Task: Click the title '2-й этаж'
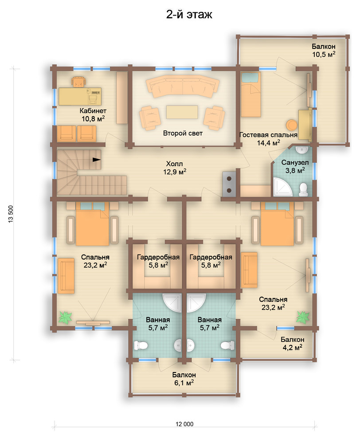(189, 14)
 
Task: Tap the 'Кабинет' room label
(93, 110)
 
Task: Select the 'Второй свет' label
(183, 133)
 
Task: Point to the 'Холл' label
(174, 164)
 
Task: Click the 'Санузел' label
(295, 162)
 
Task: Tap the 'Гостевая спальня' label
(268, 135)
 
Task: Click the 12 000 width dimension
(184, 424)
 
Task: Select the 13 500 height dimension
(11, 214)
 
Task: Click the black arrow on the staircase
(97, 160)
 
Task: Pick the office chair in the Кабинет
(78, 82)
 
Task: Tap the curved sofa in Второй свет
(183, 87)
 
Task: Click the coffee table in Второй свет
(182, 112)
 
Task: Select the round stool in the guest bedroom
(292, 125)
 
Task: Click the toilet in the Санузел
(303, 189)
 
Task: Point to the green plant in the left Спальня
(65, 317)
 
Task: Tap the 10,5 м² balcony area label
(324, 54)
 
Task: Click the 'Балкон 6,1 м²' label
(184, 379)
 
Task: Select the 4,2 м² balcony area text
(293, 348)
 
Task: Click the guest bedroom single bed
(251, 94)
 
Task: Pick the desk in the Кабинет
(80, 97)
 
